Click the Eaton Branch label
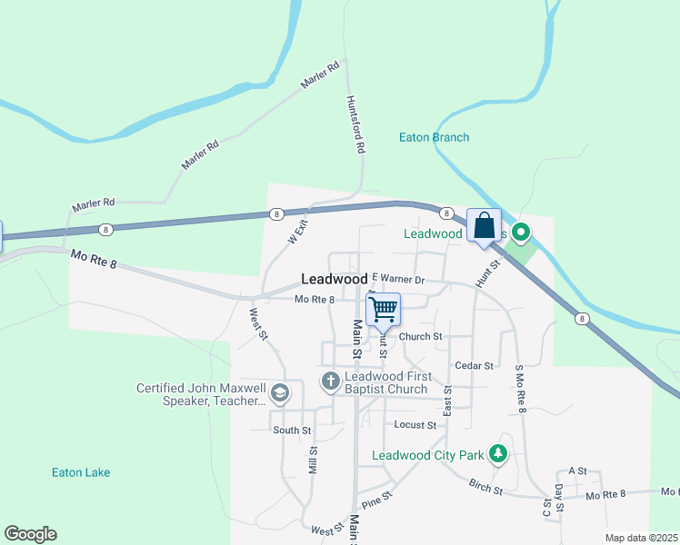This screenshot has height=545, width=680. (434, 138)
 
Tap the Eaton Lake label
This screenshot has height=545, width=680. (81, 472)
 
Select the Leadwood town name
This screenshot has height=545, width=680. (334, 279)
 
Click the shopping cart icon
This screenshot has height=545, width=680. (383, 309)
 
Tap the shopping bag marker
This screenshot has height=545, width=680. (485, 225)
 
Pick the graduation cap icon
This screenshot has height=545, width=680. (280, 393)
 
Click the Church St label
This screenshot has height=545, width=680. (420, 336)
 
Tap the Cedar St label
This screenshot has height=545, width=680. (474, 365)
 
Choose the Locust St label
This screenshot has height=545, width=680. (415, 424)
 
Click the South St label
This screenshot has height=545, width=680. (292, 430)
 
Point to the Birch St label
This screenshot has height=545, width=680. (485, 489)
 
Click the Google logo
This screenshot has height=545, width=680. (30, 534)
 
